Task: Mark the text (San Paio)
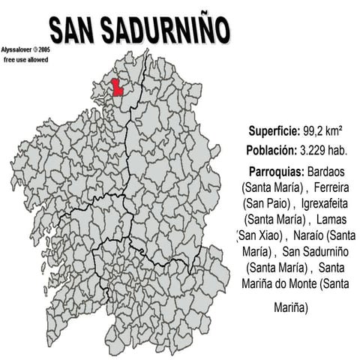point(268,203)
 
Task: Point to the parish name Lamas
point(332,220)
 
